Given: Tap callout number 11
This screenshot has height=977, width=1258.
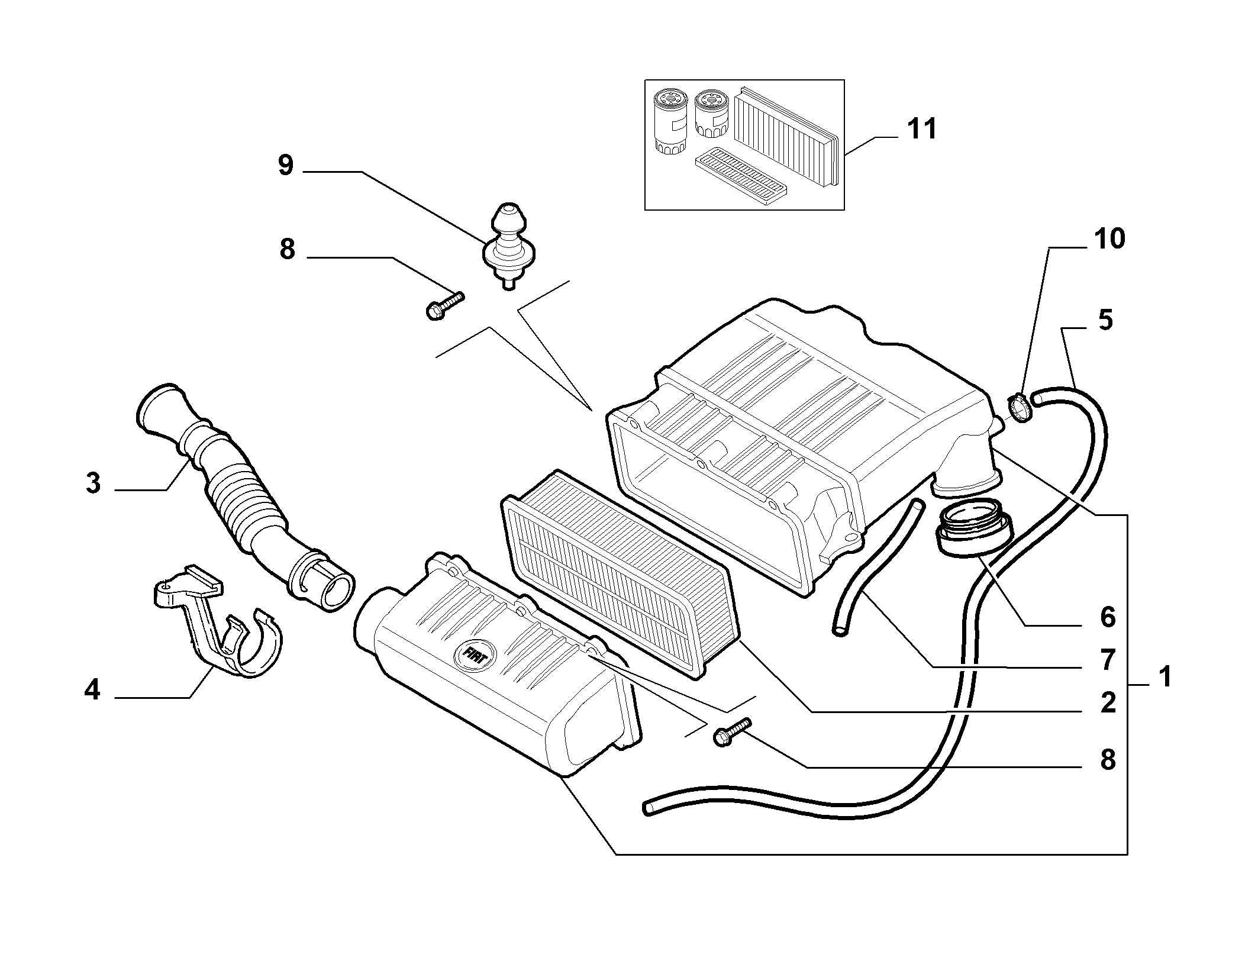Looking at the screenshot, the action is (x=922, y=128).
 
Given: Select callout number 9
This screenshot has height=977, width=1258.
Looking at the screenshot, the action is (x=286, y=166).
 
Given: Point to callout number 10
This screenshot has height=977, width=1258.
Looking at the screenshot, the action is (x=1109, y=239).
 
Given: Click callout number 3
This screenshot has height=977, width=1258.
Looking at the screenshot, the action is (x=93, y=483).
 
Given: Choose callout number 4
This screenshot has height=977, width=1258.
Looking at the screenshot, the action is (x=92, y=690).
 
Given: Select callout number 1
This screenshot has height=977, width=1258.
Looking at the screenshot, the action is (x=1165, y=676).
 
